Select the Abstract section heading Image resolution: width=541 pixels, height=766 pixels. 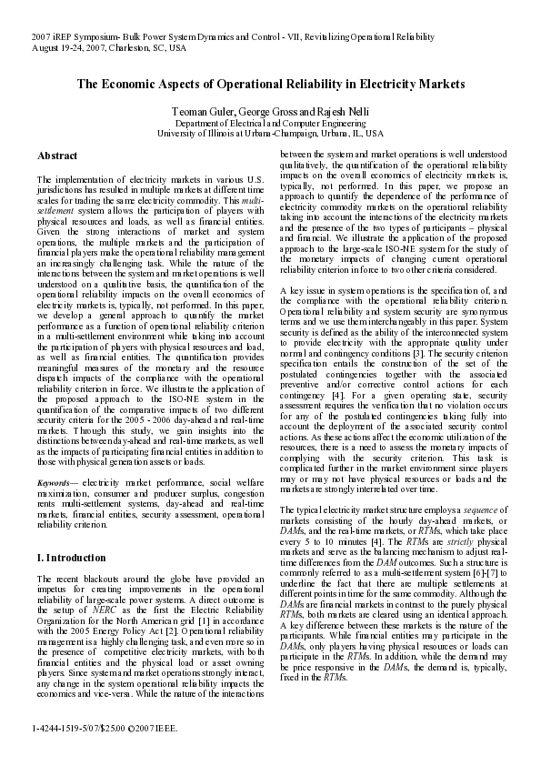pyautogui.click(x=56, y=156)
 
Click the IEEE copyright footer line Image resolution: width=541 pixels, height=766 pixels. pyautogui.click(x=104, y=729)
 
